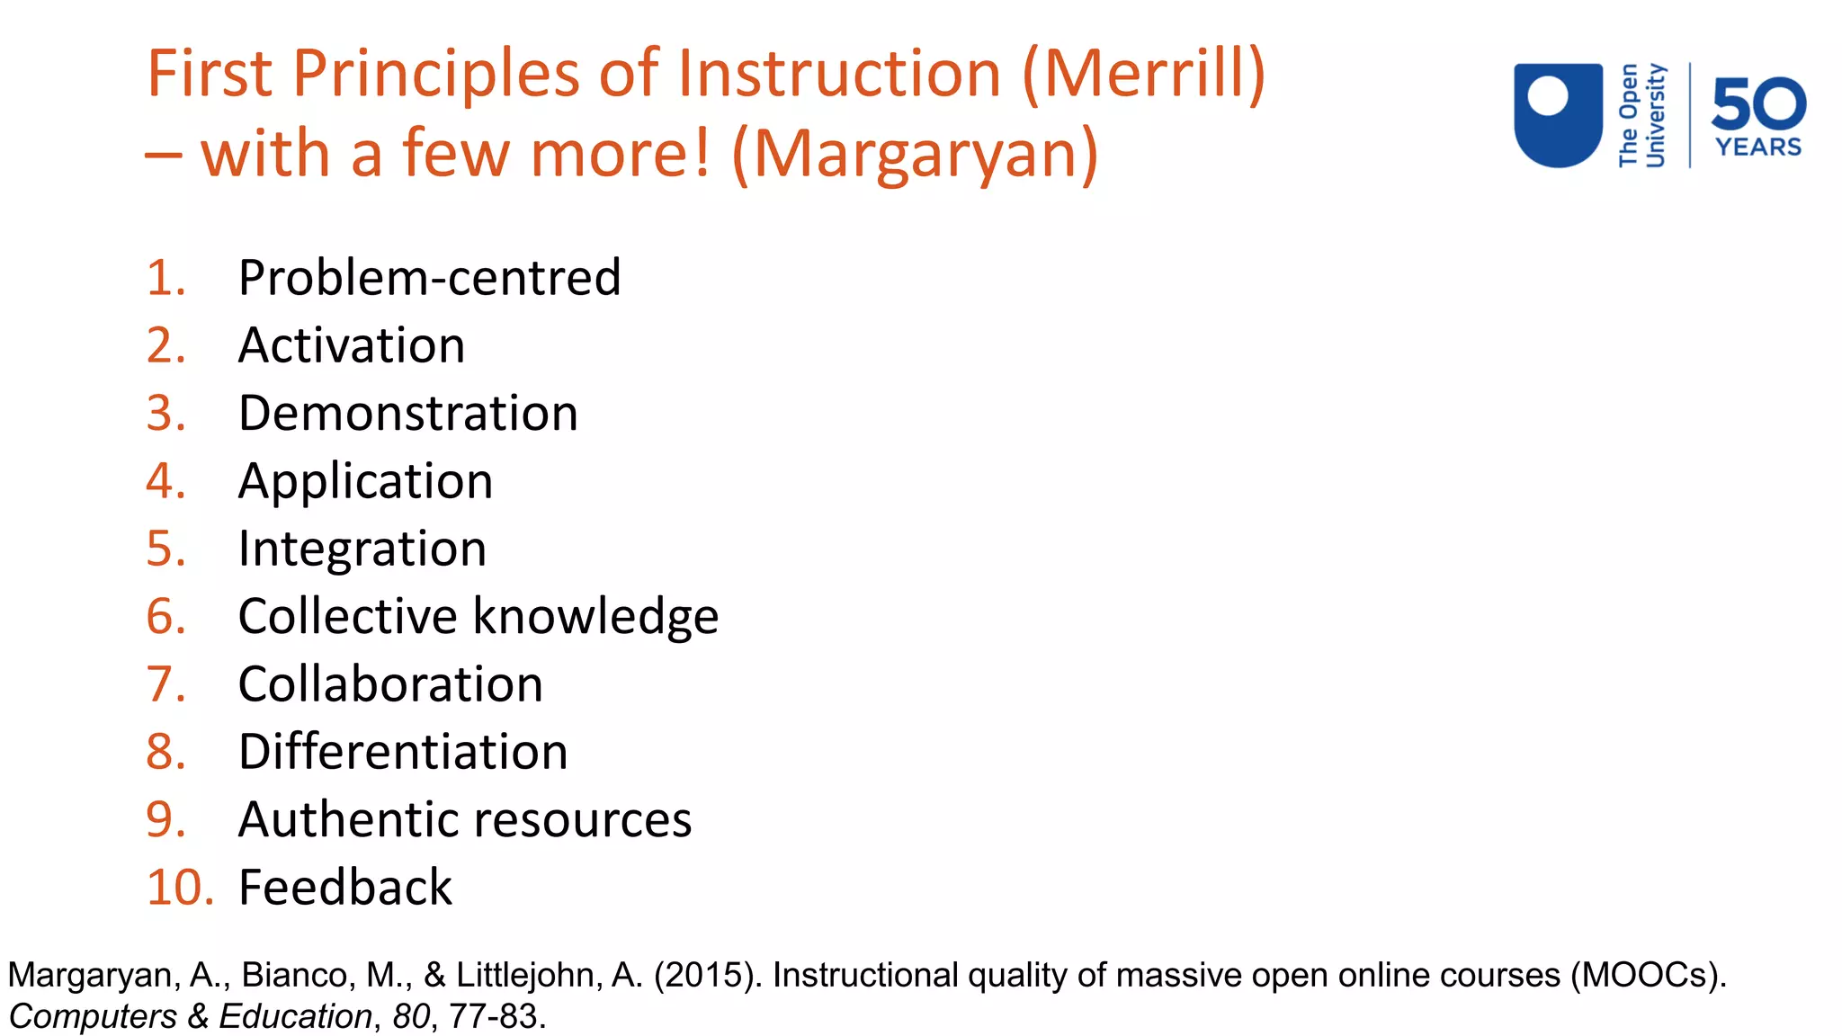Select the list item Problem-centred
pyautogui.click(x=429, y=278)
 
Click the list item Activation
pyautogui.click(x=352, y=345)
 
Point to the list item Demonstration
pyautogui.click(x=407, y=414)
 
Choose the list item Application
pyautogui.click(x=365, y=481)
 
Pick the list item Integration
pyautogui.click(x=362, y=549)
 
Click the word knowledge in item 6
pyautogui.click(x=595, y=617)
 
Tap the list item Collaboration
pyautogui.click(x=390, y=684)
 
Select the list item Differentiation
pyautogui.click(x=403, y=752)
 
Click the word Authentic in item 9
pyautogui.click(x=348, y=820)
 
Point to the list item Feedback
pyautogui.click(x=345, y=888)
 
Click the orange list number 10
pyautogui.click(x=180, y=888)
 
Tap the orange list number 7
pyautogui.click(x=166, y=684)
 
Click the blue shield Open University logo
pyautogui.click(x=1558, y=114)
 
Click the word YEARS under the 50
pyautogui.click(x=1758, y=147)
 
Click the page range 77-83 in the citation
pyautogui.click(x=494, y=1016)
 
